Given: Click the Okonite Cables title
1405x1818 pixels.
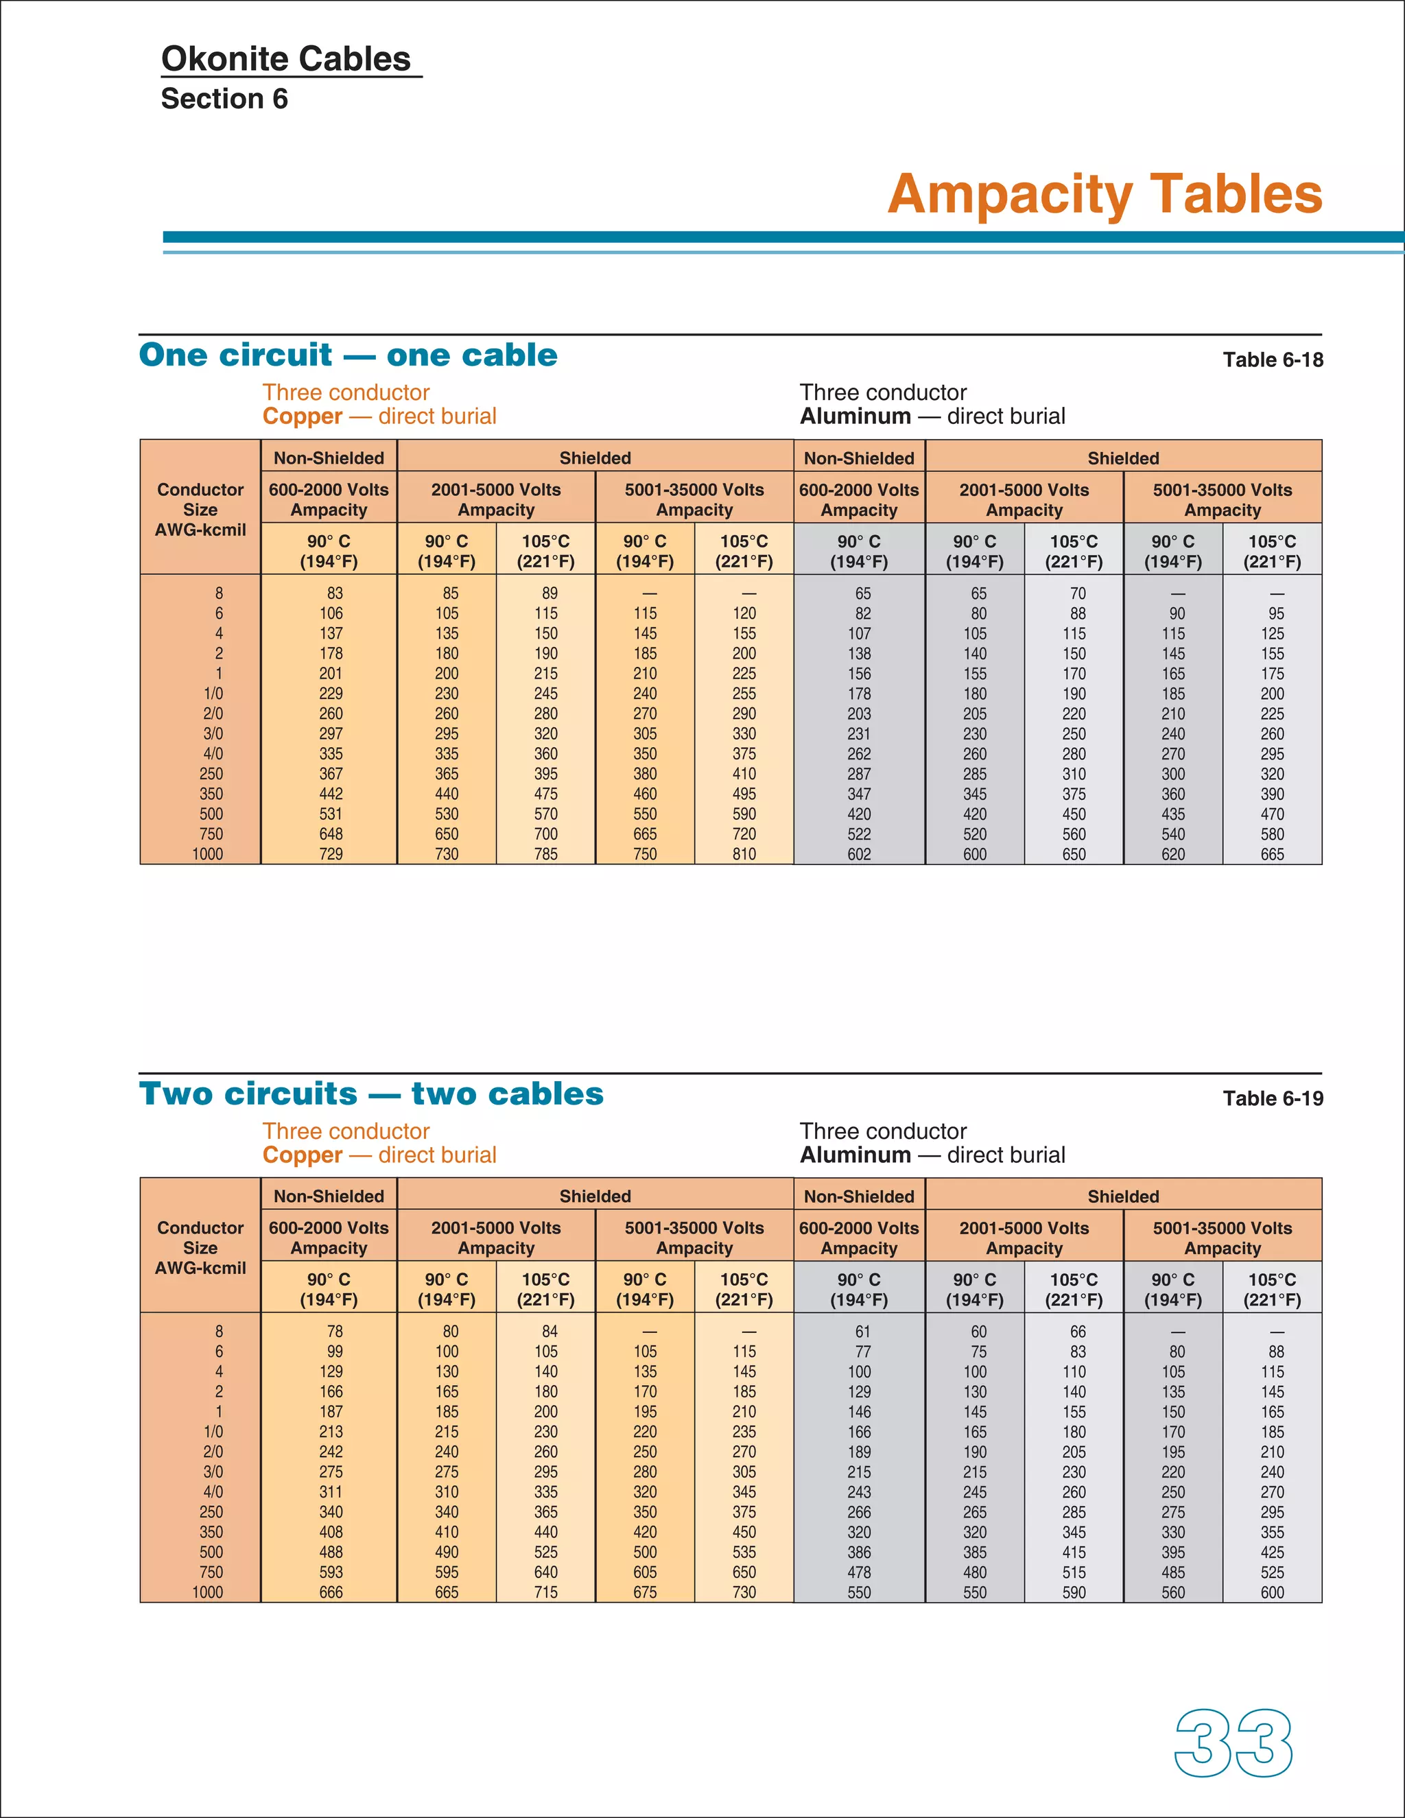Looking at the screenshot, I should [285, 59].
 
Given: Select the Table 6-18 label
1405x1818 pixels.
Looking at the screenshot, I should [1272, 359].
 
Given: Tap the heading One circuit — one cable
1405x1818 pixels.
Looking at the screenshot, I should [348, 355].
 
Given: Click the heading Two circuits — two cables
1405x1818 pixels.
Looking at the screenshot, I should [371, 1093].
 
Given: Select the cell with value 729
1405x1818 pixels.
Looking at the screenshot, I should [331, 854].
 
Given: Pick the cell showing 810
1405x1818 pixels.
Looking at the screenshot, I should [744, 854].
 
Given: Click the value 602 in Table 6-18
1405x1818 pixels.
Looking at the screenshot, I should [859, 854].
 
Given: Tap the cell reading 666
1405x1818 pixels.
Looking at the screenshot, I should [331, 1592].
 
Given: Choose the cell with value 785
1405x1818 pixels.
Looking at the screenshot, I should [546, 854].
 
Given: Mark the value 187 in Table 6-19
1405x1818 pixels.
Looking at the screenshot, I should [331, 1412].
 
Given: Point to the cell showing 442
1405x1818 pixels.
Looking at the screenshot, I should [331, 794].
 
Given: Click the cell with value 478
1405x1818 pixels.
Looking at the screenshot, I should [859, 1572].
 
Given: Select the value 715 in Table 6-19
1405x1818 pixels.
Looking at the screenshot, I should [546, 1592].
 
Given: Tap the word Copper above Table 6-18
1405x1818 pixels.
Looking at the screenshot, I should [302, 416].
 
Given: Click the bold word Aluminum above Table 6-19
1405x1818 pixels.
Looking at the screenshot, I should [855, 1155].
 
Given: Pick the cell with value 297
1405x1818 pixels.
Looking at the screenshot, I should [331, 733].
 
